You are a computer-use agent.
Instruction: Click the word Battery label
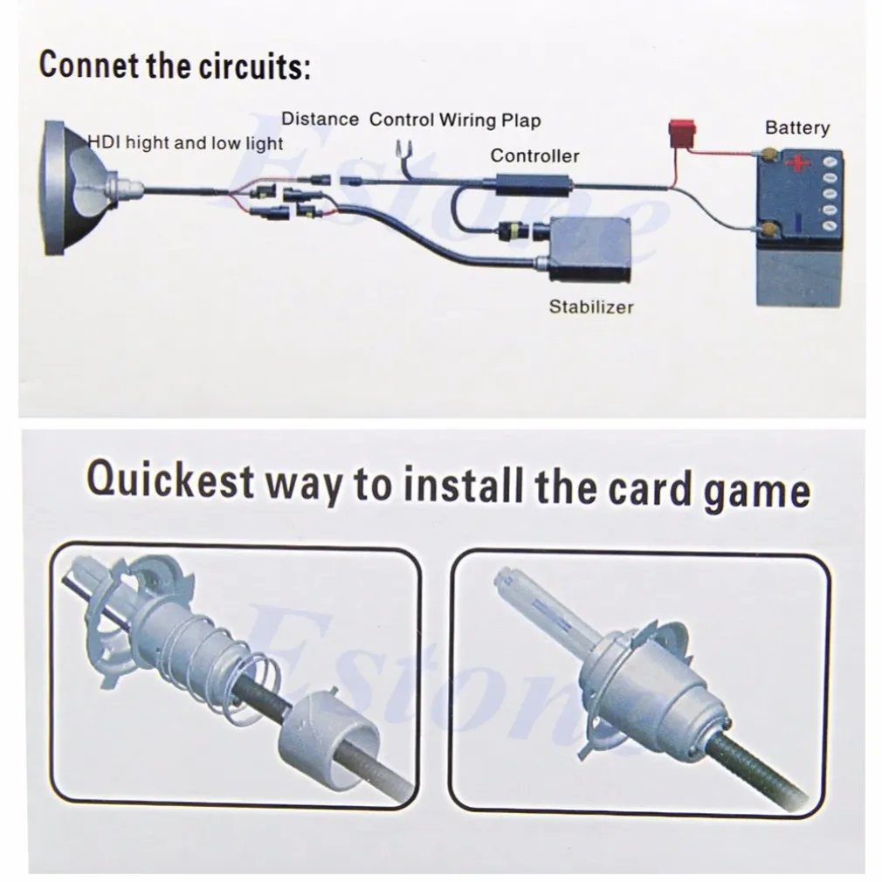(797, 128)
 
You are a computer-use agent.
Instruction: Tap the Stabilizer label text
(590, 307)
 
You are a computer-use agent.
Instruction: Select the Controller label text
(534, 155)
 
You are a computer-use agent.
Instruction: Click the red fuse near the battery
(681, 134)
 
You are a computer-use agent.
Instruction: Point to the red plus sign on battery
(798, 163)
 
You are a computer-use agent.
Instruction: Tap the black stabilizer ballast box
(589, 251)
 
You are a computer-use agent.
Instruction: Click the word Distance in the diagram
(320, 120)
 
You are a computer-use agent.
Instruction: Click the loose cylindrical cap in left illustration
(328, 731)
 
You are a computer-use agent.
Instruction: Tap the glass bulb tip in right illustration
(503, 578)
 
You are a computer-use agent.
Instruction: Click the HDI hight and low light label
(186, 143)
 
